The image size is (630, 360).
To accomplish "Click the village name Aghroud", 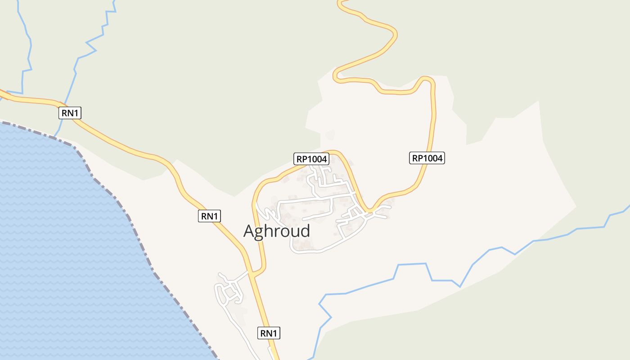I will [276, 231].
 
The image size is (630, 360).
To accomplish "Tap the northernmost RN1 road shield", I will [70, 113].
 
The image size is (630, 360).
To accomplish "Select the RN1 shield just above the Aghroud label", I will [209, 216].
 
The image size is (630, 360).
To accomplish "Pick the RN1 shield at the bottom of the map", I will [269, 333].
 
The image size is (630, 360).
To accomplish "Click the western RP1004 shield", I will [311, 158].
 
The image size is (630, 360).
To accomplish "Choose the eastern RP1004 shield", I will [427, 158].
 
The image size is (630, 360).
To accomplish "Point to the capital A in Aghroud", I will [249, 231].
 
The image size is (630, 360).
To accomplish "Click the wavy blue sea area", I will [67, 247].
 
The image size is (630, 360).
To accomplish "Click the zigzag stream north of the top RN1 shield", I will [90, 45].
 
